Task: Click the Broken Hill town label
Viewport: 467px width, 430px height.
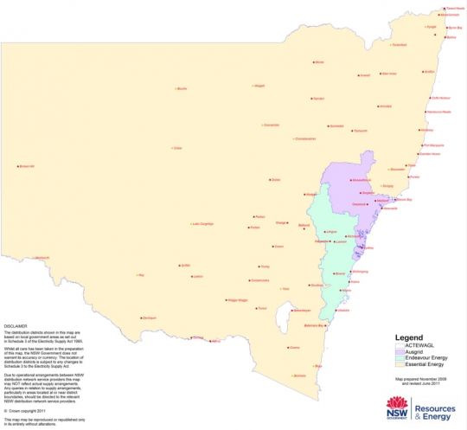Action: tap(26, 166)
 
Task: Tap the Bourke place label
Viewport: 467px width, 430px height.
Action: tap(182, 88)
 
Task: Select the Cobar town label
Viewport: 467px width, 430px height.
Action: tap(178, 148)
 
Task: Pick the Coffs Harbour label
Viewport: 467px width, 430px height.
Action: tap(440, 98)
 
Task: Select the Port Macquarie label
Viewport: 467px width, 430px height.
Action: tap(432, 144)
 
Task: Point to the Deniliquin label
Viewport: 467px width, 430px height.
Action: tap(149, 318)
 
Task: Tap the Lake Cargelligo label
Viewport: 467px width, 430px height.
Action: tap(202, 223)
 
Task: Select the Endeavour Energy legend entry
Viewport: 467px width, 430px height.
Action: tap(411, 357)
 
